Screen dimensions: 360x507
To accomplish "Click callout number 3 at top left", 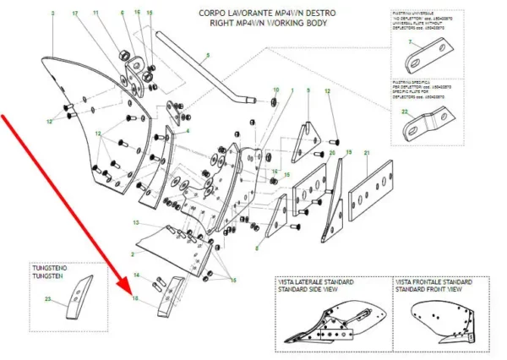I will point(53,14).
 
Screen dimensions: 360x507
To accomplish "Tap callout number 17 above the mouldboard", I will point(75,14).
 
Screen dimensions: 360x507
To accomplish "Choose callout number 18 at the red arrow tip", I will point(134,298).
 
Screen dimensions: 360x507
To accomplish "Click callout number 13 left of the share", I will point(134,222).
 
